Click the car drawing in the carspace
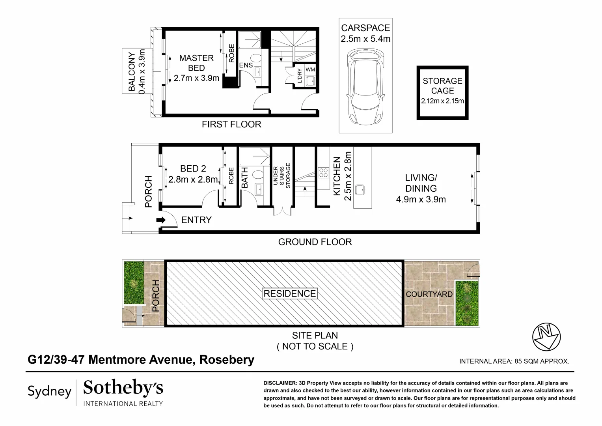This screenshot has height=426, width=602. tap(365, 86)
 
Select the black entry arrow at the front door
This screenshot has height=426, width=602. tap(161, 220)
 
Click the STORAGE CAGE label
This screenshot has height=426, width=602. tap(442, 86)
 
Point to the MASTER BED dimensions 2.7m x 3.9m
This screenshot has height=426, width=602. tap(196, 78)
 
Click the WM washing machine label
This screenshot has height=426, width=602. tap(311, 70)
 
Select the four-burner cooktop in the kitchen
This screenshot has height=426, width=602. tap(324, 173)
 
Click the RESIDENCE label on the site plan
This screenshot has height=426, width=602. tap(290, 293)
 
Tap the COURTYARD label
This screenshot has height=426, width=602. tap(429, 294)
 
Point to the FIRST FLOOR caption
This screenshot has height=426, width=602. tap(231, 125)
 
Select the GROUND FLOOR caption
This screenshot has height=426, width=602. tap(315, 242)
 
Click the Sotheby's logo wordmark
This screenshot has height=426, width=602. tap(123, 389)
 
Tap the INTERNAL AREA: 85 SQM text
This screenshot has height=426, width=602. tap(514, 361)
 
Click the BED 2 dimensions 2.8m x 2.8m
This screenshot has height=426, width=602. tap(193, 179)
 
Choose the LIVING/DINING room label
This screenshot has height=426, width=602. tap(421, 183)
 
